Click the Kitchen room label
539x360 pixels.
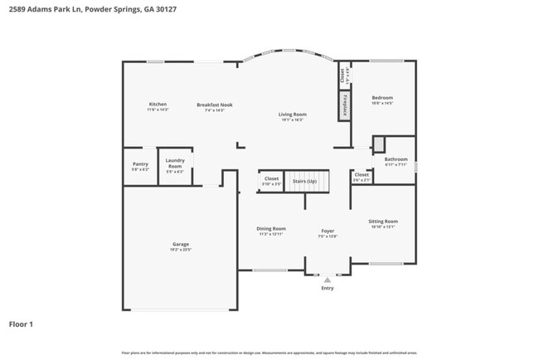158,104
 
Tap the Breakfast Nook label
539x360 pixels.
214,105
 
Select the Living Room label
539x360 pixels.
292,114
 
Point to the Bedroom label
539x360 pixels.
382,98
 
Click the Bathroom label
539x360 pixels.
396,159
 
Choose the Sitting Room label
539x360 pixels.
382,221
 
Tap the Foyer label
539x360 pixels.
328,231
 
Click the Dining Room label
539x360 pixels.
270,229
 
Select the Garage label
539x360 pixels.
181,245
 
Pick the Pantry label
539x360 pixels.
140,164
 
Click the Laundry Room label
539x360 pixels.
175,163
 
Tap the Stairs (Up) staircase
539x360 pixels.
305,181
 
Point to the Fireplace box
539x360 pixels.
343,105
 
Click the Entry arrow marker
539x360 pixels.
328,280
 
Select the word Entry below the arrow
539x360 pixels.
328,288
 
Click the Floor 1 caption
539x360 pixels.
21,324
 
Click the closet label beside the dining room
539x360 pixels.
271,178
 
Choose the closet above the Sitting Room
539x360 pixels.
362,175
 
